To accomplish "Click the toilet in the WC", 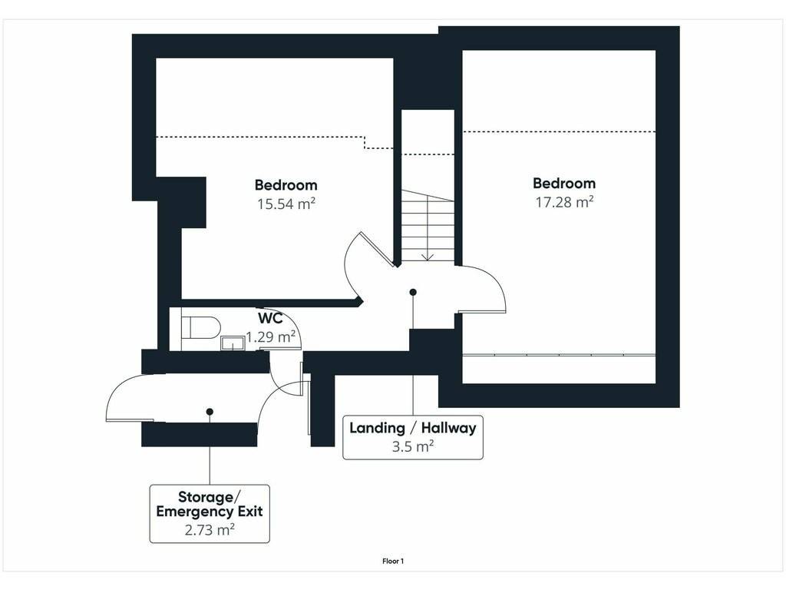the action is click(x=200, y=327).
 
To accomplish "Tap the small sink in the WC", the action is click(x=233, y=343).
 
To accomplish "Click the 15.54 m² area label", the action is click(x=286, y=204).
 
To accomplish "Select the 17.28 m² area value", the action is click(x=564, y=202).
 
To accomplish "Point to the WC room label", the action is click(x=270, y=318).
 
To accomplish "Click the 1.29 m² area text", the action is click(x=271, y=336).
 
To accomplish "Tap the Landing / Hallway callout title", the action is click(x=412, y=428).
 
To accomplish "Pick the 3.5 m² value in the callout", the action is click(x=412, y=446).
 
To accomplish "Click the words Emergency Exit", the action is click(x=210, y=511).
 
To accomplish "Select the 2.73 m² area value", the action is click(x=210, y=529).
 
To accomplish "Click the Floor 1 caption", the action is click(x=393, y=562).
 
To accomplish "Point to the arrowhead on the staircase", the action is click(x=427, y=257).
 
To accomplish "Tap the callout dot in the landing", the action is click(x=413, y=292).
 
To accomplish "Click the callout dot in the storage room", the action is click(x=210, y=412).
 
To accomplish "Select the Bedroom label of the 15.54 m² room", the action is click(x=286, y=185).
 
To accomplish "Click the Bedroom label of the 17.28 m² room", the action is click(x=564, y=183).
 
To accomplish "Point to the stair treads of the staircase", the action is click(x=428, y=225).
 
